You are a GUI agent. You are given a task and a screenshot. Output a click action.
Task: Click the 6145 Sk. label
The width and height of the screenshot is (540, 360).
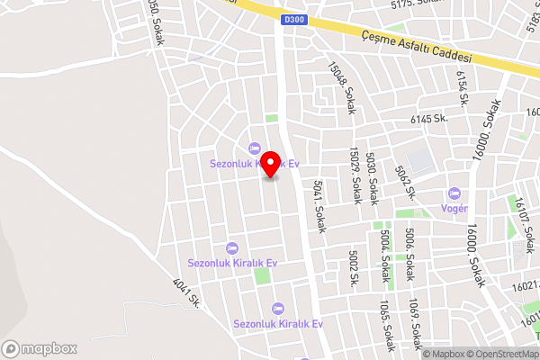pos(429,119)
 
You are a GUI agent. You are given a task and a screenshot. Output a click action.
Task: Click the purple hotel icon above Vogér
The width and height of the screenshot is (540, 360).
pos(454,193)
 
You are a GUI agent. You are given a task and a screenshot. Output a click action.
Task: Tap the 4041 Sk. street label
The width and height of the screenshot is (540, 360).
pos(184,292)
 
